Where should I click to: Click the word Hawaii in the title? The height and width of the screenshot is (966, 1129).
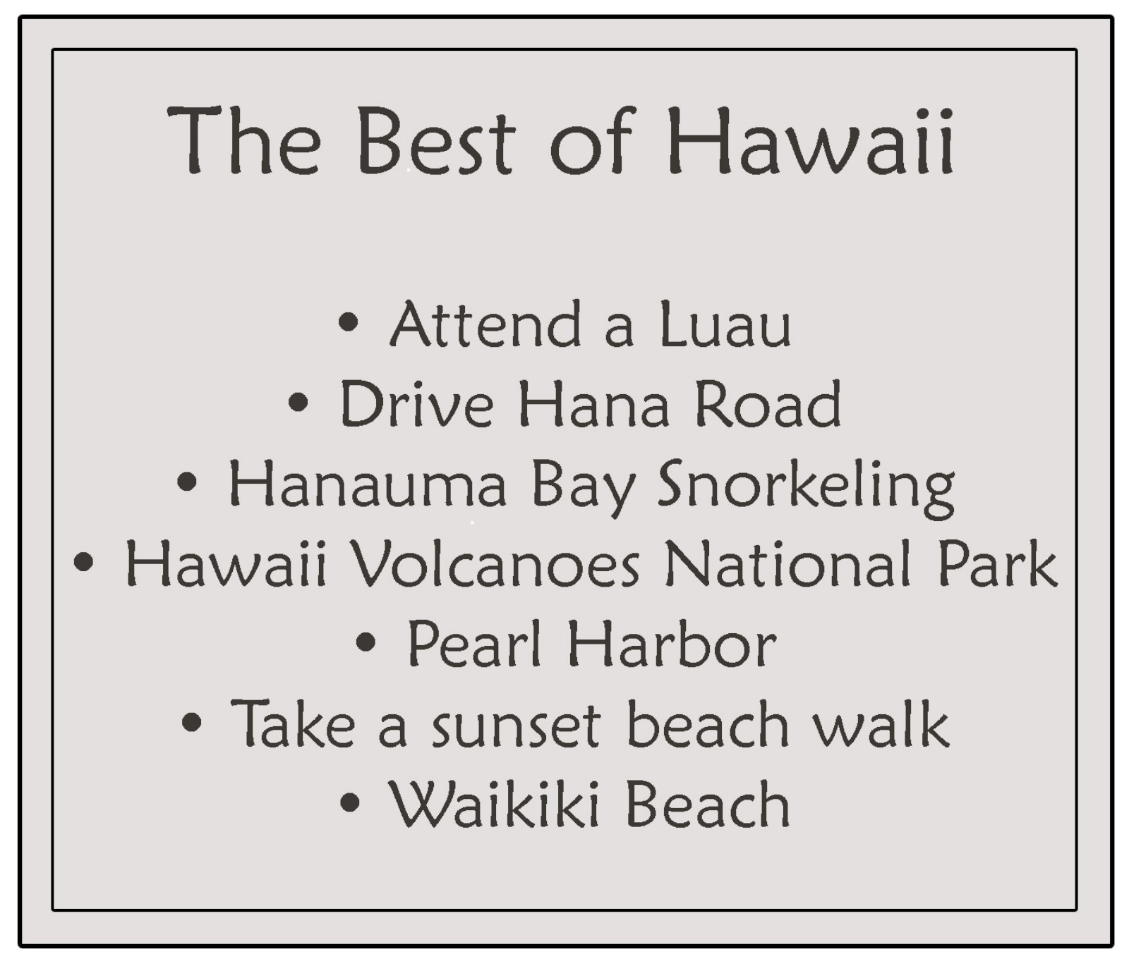810,140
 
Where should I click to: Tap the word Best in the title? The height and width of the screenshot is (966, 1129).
437,140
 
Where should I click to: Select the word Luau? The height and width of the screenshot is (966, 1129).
725,324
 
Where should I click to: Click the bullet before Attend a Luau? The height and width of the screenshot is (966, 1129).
349,322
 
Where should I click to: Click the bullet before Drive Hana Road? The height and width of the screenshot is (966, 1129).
298,403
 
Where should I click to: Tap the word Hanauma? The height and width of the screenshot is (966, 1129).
368,484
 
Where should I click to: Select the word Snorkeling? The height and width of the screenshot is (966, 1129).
806,488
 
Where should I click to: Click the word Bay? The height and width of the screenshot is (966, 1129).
583,488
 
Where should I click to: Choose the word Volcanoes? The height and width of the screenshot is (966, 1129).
495,564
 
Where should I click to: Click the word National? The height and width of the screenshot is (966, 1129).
788,564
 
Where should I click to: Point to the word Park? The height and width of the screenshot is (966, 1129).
998,564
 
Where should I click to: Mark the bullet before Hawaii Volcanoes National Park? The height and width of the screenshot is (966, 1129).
83,562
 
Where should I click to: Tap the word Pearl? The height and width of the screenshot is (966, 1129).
474,643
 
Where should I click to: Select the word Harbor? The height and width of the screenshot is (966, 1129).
672,643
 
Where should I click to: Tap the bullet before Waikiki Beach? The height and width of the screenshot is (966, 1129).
350,802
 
